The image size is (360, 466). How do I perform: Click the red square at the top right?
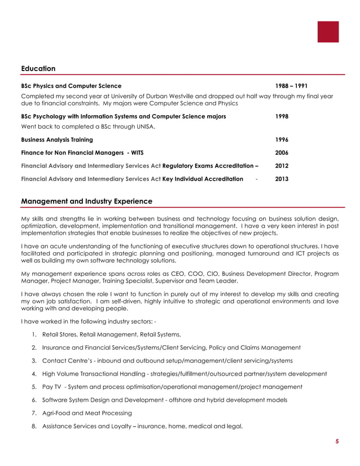[328, 32]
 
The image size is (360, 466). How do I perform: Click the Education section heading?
[38, 69]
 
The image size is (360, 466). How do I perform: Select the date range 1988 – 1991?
[291, 86]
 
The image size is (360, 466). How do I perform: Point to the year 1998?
[282, 116]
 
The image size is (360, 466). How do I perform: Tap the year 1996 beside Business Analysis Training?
[282, 139]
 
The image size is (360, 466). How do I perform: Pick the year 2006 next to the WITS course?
[282, 153]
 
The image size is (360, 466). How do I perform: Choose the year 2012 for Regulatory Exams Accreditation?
[282, 166]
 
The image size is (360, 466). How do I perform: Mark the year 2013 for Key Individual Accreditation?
[282, 179]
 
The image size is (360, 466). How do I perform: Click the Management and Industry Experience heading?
[86, 201]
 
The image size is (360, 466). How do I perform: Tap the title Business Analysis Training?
[57, 139]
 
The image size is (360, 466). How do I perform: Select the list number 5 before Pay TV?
[34, 387]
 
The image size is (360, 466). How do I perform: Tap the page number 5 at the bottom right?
[337, 442]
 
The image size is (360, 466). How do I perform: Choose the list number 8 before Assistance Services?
[34, 426]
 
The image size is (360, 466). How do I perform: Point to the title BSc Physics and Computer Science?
[71, 86]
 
